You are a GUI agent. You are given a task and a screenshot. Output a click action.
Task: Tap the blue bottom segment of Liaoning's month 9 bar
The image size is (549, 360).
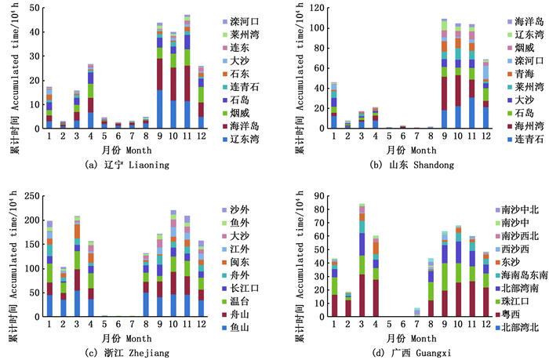[159, 109]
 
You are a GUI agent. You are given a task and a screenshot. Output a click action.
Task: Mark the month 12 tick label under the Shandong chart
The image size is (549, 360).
[486, 136]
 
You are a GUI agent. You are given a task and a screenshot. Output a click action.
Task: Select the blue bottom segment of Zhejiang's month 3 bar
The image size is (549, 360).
[77, 304]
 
